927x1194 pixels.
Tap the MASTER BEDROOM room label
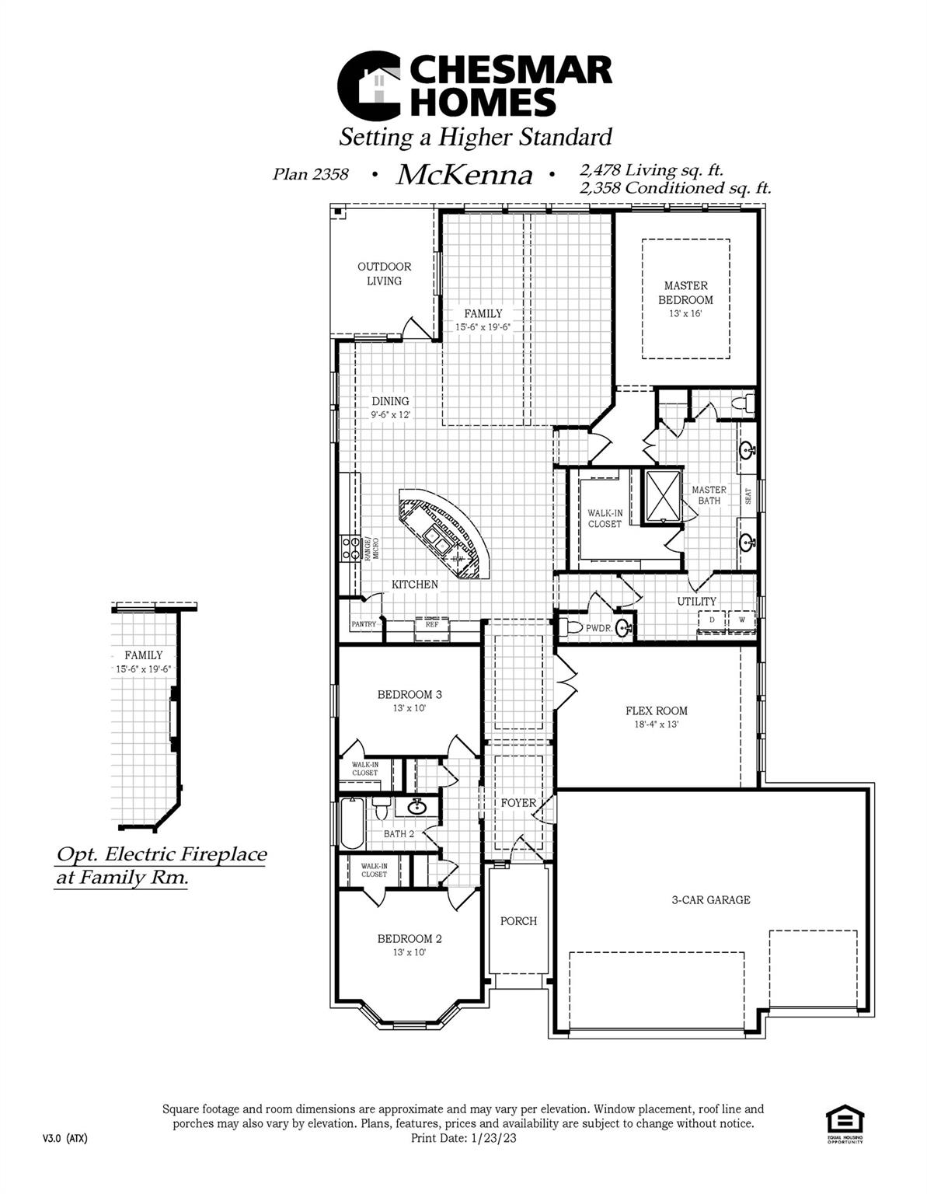685,292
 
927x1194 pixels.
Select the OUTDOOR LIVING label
384,274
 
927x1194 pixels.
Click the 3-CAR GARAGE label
711,900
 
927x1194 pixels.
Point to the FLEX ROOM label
657,710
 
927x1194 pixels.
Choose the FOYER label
518,803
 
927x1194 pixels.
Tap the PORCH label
518,921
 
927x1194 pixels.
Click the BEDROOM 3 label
409,694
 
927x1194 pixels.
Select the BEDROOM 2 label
409,938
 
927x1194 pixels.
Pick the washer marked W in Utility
741,620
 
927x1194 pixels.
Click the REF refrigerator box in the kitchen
432,624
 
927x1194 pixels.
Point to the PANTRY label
364,624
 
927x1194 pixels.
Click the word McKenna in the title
465,175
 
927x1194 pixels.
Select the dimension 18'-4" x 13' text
657,724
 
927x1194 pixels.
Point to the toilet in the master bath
746,403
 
